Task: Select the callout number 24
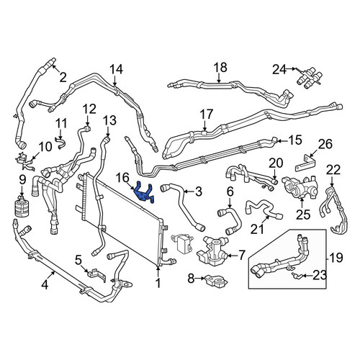click(x=279, y=70)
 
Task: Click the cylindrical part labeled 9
click(x=22, y=207)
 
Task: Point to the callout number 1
click(x=158, y=283)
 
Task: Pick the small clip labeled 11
click(x=61, y=143)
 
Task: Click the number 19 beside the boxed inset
click(x=336, y=258)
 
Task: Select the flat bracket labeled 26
click(x=305, y=163)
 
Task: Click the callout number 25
click(x=303, y=215)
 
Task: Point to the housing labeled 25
click(x=301, y=189)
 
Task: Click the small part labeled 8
click(x=215, y=280)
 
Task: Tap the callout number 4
click(x=45, y=285)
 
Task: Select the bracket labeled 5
click(x=96, y=275)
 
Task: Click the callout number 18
click(x=220, y=68)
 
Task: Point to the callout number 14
click(x=116, y=69)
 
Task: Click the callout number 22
click(x=333, y=170)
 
